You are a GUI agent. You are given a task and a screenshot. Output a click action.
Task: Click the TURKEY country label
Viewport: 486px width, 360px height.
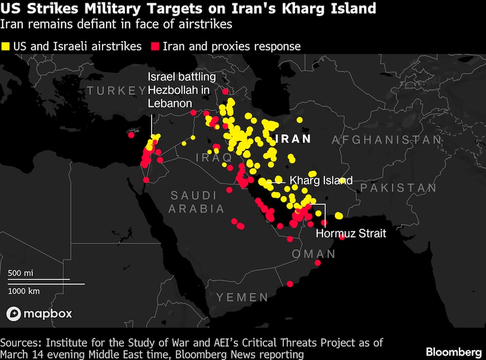point(115,90)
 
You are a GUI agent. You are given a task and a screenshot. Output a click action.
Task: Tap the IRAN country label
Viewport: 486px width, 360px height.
point(293,139)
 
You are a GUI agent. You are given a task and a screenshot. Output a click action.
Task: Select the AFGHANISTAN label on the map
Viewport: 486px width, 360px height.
point(387,140)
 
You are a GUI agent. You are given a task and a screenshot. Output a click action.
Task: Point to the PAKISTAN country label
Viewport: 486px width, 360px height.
point(399,188)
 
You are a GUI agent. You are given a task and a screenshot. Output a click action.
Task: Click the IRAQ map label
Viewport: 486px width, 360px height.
point(214,157)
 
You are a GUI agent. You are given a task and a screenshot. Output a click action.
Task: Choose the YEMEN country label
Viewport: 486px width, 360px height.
point(242,297)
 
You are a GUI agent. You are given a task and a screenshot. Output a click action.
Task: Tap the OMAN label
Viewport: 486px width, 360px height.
point(313,254)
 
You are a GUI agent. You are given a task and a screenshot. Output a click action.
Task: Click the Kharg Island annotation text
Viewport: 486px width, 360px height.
point(321,180)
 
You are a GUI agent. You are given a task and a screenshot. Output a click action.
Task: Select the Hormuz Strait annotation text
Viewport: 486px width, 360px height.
point(351,233)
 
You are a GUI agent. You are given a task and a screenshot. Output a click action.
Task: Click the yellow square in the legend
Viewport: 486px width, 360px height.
point(6,47)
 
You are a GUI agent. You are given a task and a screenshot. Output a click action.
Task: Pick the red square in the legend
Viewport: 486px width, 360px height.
point(156,47)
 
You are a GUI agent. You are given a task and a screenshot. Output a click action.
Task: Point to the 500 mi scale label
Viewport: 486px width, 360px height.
point(20,273)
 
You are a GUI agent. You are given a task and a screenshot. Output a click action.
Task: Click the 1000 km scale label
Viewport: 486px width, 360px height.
point(24,291)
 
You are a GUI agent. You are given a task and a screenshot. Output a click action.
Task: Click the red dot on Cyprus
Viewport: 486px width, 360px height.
point(131,135)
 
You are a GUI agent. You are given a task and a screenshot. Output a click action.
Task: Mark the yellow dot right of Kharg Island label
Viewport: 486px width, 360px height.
point(343,180)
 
